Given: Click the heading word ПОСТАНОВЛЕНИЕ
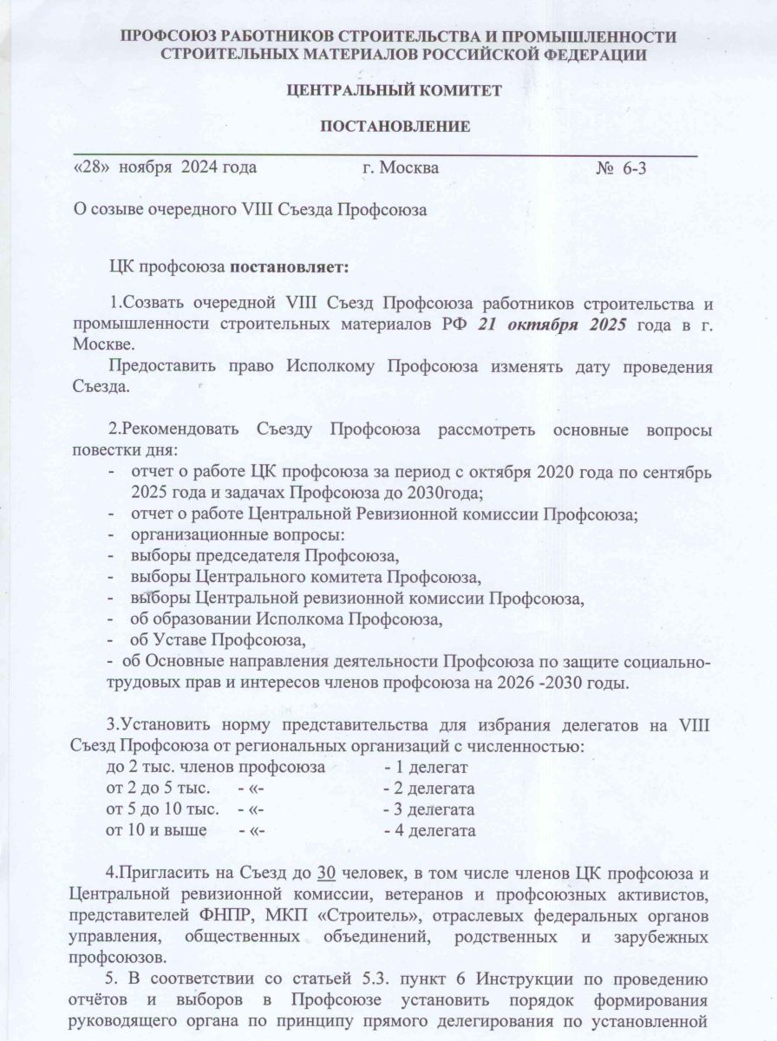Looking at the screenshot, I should coord(395,128).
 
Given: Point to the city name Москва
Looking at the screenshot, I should coord(410,167).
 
